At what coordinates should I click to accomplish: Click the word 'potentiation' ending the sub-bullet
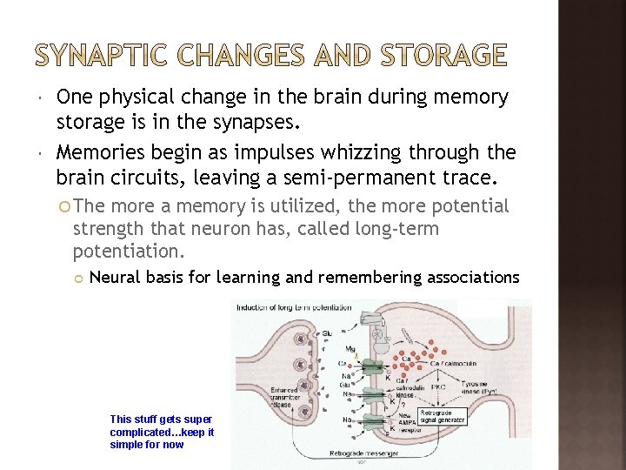tap(127, 252)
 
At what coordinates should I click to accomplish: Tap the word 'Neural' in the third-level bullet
tap(116, 278)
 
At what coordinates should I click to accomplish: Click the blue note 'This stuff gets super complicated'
tap(162, 432)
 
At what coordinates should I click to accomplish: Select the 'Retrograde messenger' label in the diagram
tap(364, 453)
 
